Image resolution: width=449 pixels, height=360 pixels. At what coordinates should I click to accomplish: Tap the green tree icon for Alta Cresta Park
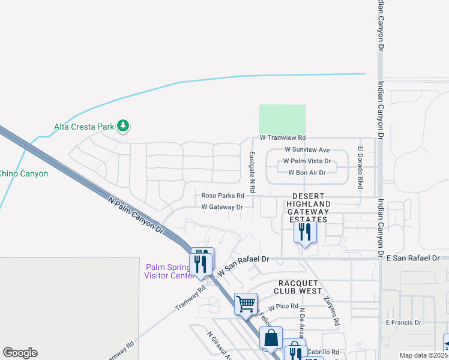(x=124, y=126)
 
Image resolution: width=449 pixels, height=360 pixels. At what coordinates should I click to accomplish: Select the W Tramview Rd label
(x=283, y=138)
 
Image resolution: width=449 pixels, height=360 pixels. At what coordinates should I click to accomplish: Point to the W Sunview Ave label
(x=307, y=149)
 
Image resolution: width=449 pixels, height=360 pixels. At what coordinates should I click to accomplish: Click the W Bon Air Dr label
(x=307, y=173)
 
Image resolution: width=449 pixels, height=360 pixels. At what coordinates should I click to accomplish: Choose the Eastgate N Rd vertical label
(x=253, y=172)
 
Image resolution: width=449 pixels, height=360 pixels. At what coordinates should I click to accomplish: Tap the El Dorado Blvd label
(x=361, y=168)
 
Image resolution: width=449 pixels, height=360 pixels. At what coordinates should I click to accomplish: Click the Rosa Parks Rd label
(x=223, y=196)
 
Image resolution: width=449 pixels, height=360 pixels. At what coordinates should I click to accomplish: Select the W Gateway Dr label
(x=221, y=207)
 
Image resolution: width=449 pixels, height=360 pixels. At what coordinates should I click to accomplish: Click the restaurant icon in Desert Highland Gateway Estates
(x=305, y=232)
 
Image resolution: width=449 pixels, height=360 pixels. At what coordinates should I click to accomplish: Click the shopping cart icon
(x=246, y=304)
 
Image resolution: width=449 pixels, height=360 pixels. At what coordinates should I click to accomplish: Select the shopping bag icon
(x=271, y=338)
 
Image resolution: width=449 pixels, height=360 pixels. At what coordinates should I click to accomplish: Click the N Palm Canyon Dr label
(x=136, y=214)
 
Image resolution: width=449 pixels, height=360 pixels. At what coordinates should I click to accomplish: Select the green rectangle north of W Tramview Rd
(x=282, y=119)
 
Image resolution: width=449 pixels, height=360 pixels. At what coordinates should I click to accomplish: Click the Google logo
(x=20, y=353)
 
